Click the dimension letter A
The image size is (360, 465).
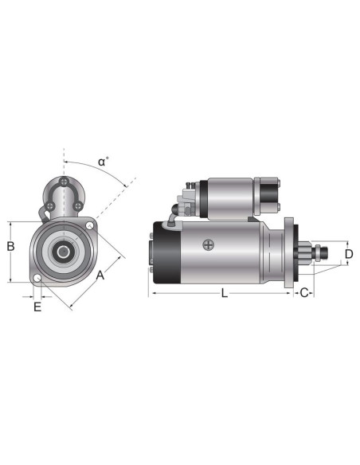(x=100, y=275)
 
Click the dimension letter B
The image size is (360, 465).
(x=10, y=246)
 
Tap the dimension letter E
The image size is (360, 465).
(x=37, y=307)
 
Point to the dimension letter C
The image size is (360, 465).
(x=304, y=293)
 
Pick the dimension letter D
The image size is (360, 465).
(x=349, y=254)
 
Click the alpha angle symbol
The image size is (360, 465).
(x=103, y=162)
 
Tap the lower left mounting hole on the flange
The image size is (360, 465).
(x=37, y=279)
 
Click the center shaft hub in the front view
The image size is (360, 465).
(x=62, y=252)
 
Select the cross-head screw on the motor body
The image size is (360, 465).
(x=208, y=244)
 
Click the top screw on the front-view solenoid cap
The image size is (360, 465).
(x=62, y=184)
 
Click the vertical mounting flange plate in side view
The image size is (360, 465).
(x=288, y=252)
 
